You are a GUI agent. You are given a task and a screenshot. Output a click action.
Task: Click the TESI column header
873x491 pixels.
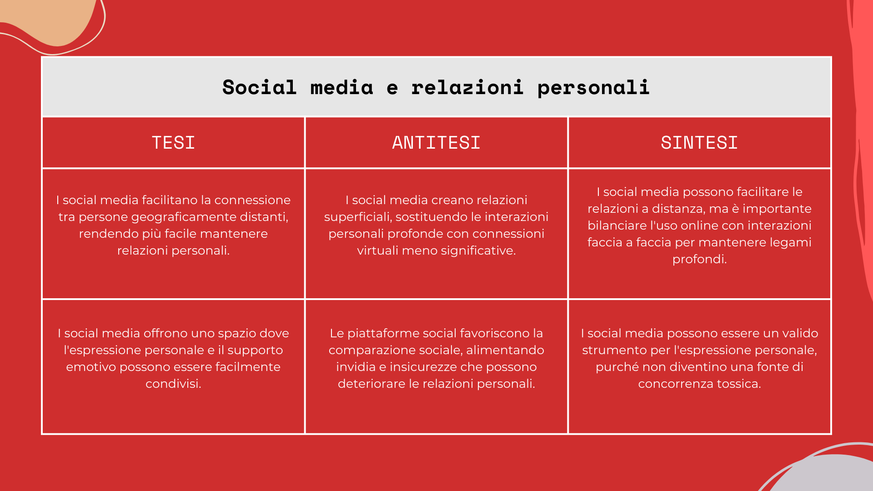coord(173,143)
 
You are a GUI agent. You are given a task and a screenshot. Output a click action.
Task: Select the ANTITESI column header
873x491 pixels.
coord(436,143)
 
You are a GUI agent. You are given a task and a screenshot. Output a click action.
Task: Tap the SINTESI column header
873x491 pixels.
coord(699,143)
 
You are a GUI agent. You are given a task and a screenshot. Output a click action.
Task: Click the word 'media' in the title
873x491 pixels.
coord(342,87)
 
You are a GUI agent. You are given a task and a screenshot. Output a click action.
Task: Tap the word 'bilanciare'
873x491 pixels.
coord(616,225)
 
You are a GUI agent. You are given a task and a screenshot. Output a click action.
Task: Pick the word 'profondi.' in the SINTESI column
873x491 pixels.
coord(699,260)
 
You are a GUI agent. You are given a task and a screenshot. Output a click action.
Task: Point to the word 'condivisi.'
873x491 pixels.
coord(173,384)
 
